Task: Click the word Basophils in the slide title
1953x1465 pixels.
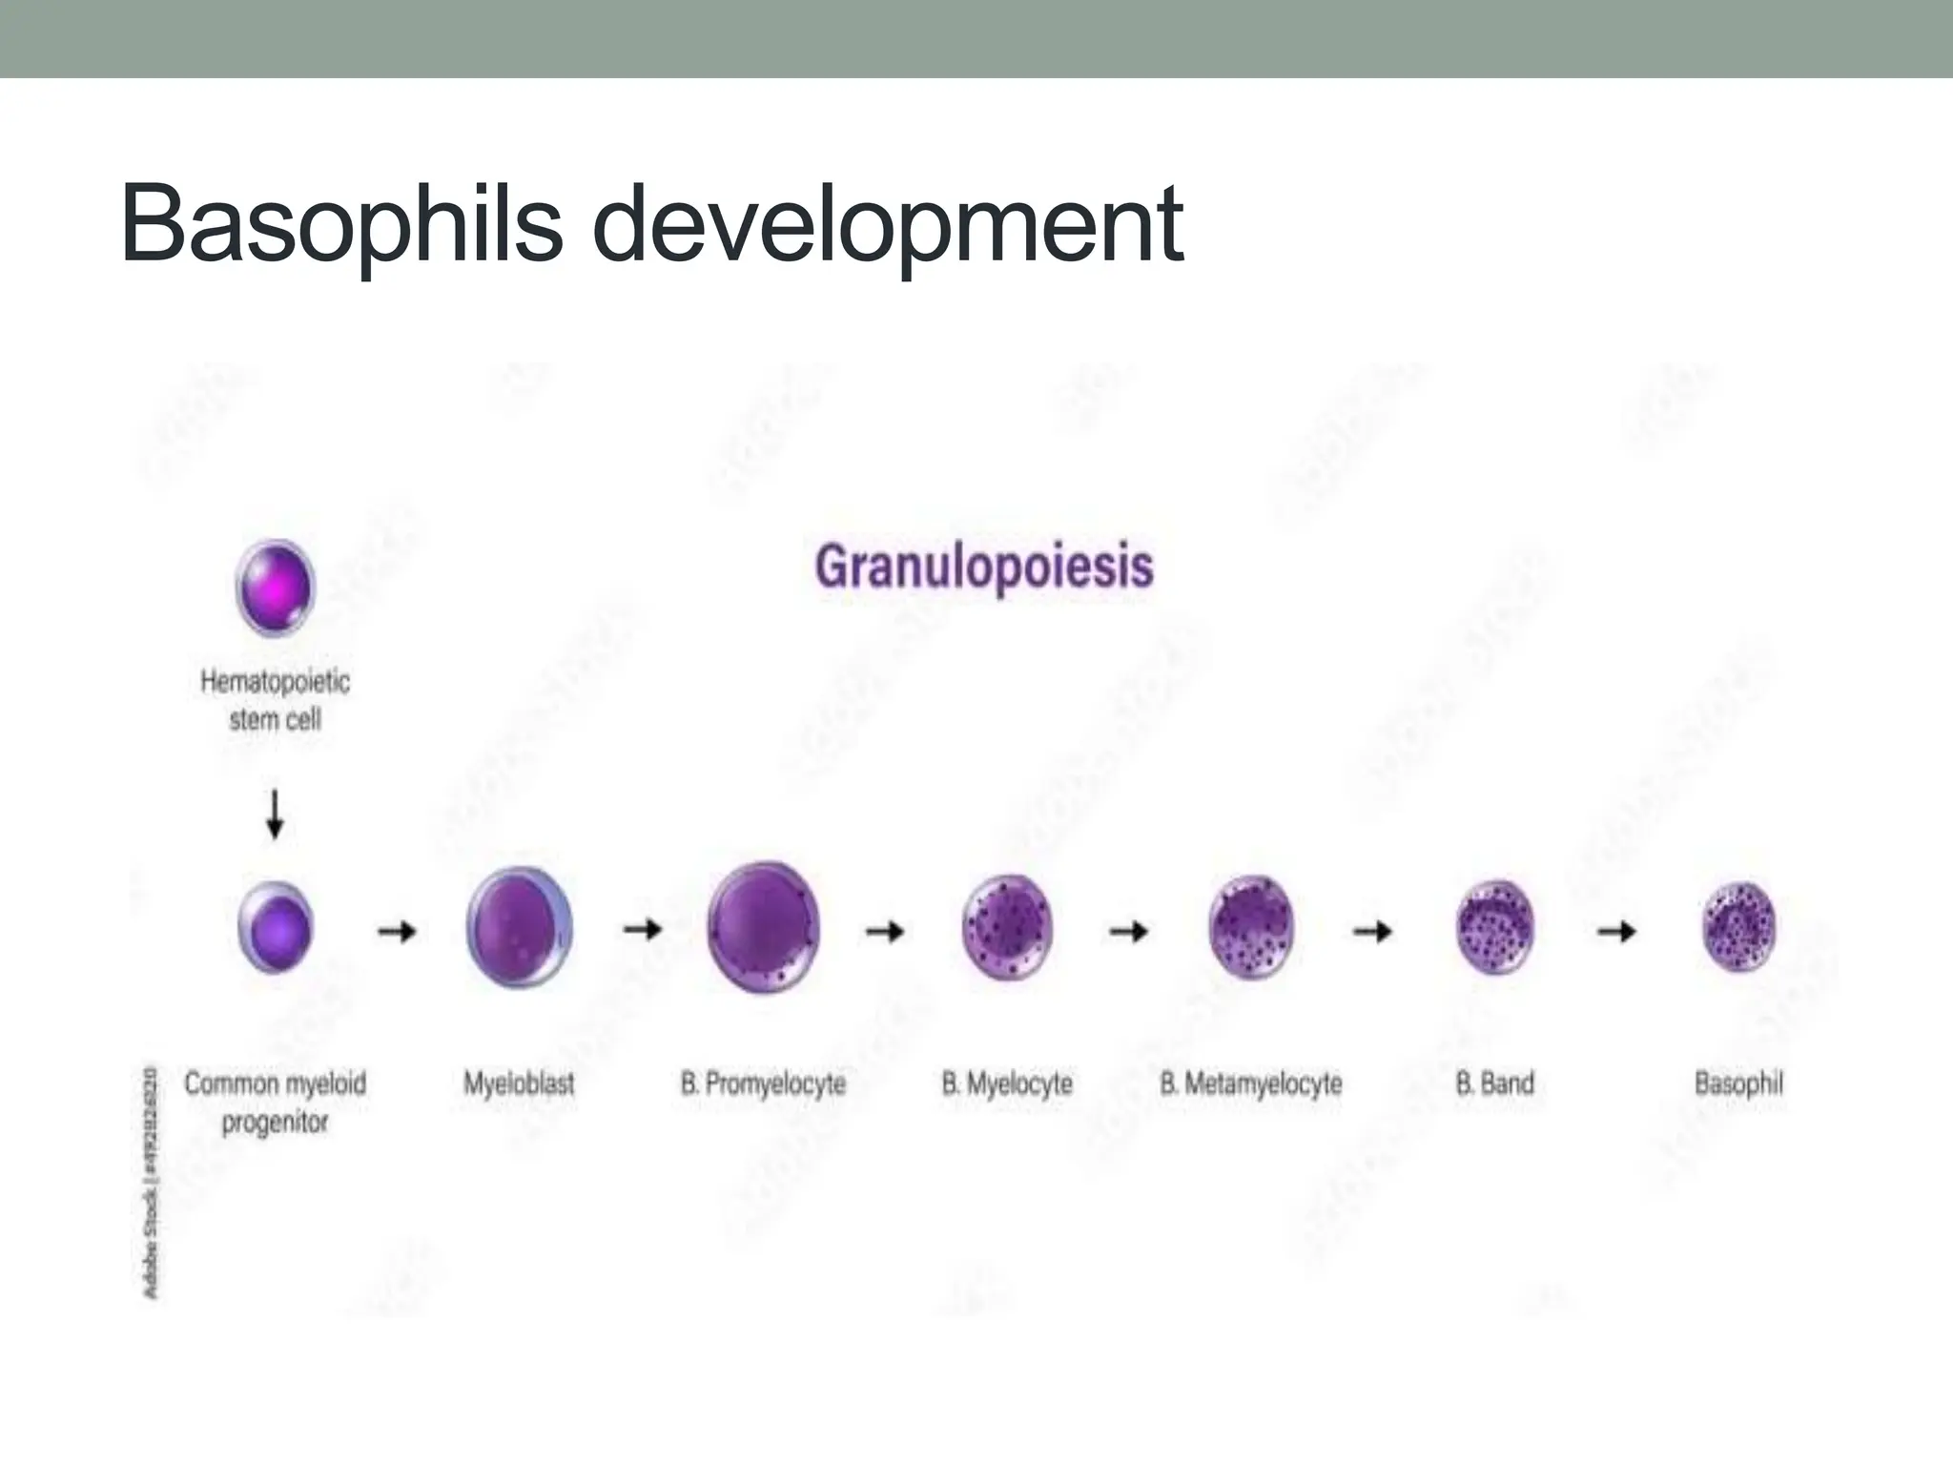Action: click(x=341, y=226)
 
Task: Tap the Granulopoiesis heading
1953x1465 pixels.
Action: click(x=984, y=567)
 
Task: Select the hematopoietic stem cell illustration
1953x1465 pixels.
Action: click(x=275, y=587)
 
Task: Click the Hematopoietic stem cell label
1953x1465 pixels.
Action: click(x=275, y=700)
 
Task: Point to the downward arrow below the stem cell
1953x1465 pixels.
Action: click(x=275, y=814)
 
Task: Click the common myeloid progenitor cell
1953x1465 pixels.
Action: click(x=275, y=927)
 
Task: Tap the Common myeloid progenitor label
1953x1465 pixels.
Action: click(x=275, y=1103)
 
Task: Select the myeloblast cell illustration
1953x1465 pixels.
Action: click(x=519, y=927)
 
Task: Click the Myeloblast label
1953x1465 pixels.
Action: click(x=519, y=1083)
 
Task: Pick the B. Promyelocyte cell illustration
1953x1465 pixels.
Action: click(x=763, y=927)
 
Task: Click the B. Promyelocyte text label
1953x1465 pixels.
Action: click(x=763, y=1083)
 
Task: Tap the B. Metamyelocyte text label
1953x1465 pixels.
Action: click(x=1250, y=1083)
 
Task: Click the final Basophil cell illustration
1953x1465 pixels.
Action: click(x=1738, y=927)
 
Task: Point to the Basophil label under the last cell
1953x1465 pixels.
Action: click(x=1738, y=1083)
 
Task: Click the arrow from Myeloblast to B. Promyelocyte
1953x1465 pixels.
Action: click(x=642, y=929)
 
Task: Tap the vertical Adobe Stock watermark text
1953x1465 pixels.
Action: click(x=151, y=1183)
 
